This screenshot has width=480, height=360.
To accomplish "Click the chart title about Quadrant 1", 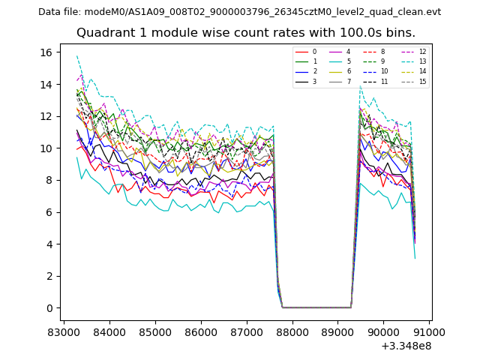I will coord(245,33).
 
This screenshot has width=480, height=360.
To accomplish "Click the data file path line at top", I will coord(239,12).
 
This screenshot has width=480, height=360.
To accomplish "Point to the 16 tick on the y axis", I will coord(46,52).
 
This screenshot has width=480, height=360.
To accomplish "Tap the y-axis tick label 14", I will coord(46,85).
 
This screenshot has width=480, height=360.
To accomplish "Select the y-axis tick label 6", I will coord(49,212).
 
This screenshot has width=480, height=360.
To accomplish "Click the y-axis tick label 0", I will coord(49,308).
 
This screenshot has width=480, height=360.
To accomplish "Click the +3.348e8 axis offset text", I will coord(406,346).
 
